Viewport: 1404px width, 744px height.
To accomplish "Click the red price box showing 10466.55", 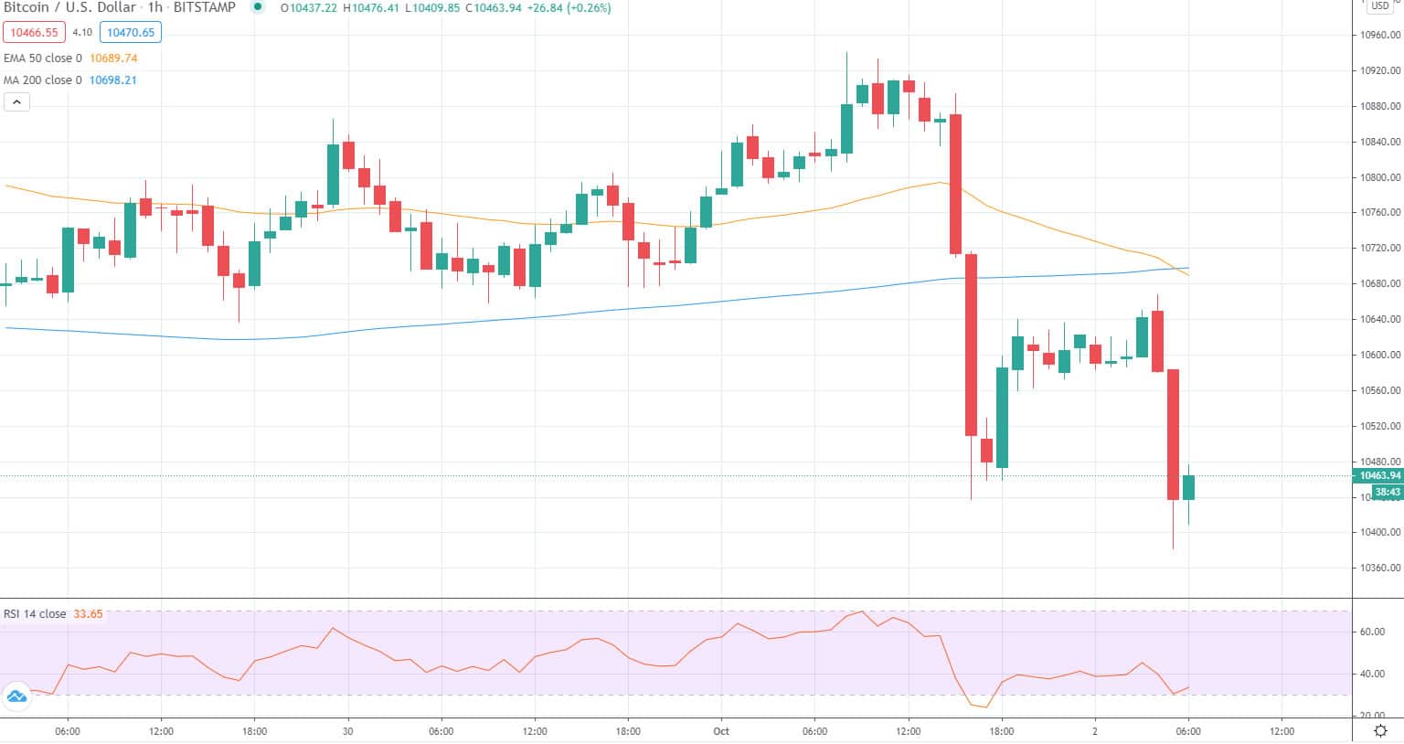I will [x=34, y=33].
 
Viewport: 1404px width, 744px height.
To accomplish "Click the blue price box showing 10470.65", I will [x=131, y=33].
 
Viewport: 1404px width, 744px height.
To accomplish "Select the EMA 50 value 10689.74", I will [x=113, y=58].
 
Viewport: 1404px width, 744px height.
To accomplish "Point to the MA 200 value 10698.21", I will [x=113, y=80].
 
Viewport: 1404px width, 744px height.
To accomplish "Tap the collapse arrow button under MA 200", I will [x=16, y=102].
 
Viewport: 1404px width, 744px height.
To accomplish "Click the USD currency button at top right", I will [x=1379, y=5].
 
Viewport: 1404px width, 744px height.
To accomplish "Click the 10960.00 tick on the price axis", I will [x=1379, y=36].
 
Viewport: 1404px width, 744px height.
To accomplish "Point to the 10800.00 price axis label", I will [x=1379, y=177].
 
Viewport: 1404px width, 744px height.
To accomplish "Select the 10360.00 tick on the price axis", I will [x=1379, y=568].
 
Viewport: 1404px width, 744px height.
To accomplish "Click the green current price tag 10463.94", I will [x=1379, y=475].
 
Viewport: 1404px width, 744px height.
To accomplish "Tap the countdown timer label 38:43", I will [x=1387, y=492].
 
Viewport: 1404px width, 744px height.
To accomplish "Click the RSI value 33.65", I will [x=88, y=614].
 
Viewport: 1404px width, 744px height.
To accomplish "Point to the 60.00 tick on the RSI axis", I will [x=1372, y=632].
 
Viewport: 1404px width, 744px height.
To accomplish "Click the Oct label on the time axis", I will [x=721, y=731].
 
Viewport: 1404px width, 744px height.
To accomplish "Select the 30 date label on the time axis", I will [x=348, y=731].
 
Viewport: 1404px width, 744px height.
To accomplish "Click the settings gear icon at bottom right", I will [x=1381, y=731].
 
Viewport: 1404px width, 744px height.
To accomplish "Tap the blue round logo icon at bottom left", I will [x=16, y=697].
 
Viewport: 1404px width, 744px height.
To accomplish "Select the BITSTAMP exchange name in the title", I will [x=204, y=7].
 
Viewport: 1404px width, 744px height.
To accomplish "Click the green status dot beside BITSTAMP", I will [x=258, y=7].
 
